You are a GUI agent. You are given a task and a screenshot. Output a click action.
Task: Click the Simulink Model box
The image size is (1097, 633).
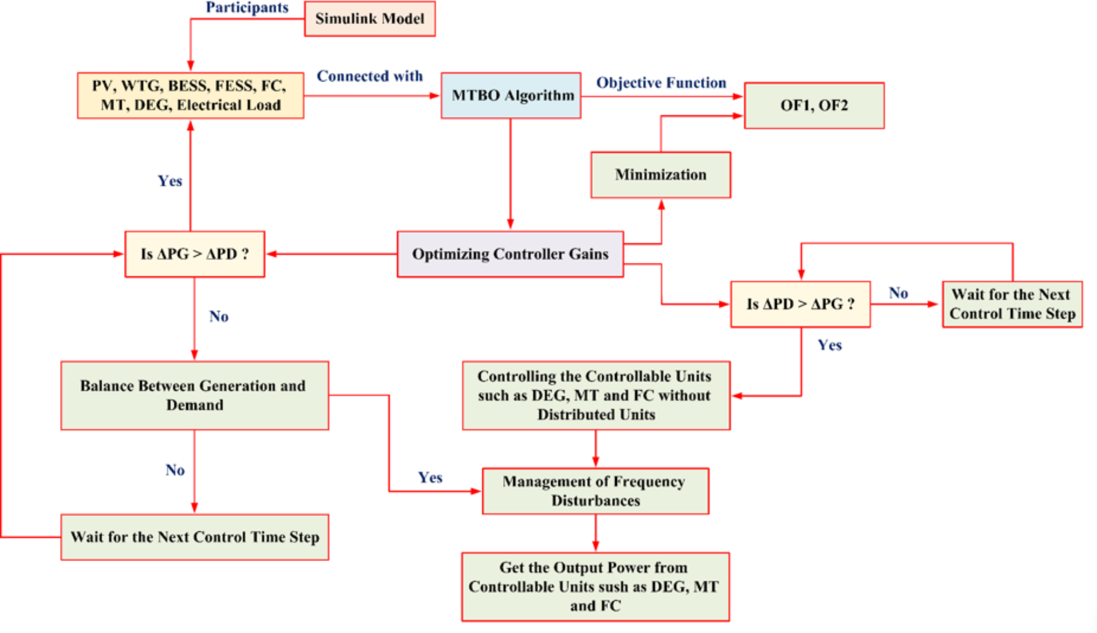coord(370,19)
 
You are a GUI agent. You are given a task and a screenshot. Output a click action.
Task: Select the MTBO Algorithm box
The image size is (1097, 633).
coord(511,96)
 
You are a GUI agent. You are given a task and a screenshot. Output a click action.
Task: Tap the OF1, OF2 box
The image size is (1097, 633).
coord(814,106)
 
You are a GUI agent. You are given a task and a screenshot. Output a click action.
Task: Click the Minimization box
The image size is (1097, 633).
coord(660,175)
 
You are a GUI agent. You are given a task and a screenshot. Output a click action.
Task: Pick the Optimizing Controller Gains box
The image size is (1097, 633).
coord(510,254)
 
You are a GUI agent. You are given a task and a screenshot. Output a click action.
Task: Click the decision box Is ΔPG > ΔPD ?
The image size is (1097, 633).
coord(194,254)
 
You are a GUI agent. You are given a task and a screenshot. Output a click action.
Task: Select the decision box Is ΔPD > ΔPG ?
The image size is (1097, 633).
coord(800,304)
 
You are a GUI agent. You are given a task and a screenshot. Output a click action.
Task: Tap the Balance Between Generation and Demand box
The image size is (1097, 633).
coord(194,395)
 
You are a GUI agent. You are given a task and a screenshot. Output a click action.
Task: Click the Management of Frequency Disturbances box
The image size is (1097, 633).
coord(595,491)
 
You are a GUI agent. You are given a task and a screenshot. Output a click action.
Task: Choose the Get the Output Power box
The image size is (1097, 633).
coord(595,587)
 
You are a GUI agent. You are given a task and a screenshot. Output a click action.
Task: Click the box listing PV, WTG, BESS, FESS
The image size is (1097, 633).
coord(190,96)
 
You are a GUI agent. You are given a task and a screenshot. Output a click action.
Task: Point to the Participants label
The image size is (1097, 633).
coord(247,8)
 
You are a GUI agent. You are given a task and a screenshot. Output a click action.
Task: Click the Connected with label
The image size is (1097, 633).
coord(370,76)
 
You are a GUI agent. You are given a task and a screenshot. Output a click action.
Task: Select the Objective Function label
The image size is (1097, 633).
coord(661,83)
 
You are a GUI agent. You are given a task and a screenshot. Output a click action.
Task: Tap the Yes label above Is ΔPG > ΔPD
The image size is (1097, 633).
coord(170,181)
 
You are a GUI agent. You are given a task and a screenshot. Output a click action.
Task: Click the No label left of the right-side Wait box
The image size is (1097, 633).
coord(898,293)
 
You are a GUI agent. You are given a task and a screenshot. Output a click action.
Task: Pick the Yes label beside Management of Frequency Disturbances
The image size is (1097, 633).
coord(430,477)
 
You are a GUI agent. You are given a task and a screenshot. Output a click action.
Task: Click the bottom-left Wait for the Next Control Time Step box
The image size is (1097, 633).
coord(194,537)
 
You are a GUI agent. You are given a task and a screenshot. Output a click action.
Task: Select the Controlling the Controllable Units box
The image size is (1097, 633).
coord(595,395)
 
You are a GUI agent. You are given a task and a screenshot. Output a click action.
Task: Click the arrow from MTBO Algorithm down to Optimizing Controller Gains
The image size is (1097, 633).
coord(510,175)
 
